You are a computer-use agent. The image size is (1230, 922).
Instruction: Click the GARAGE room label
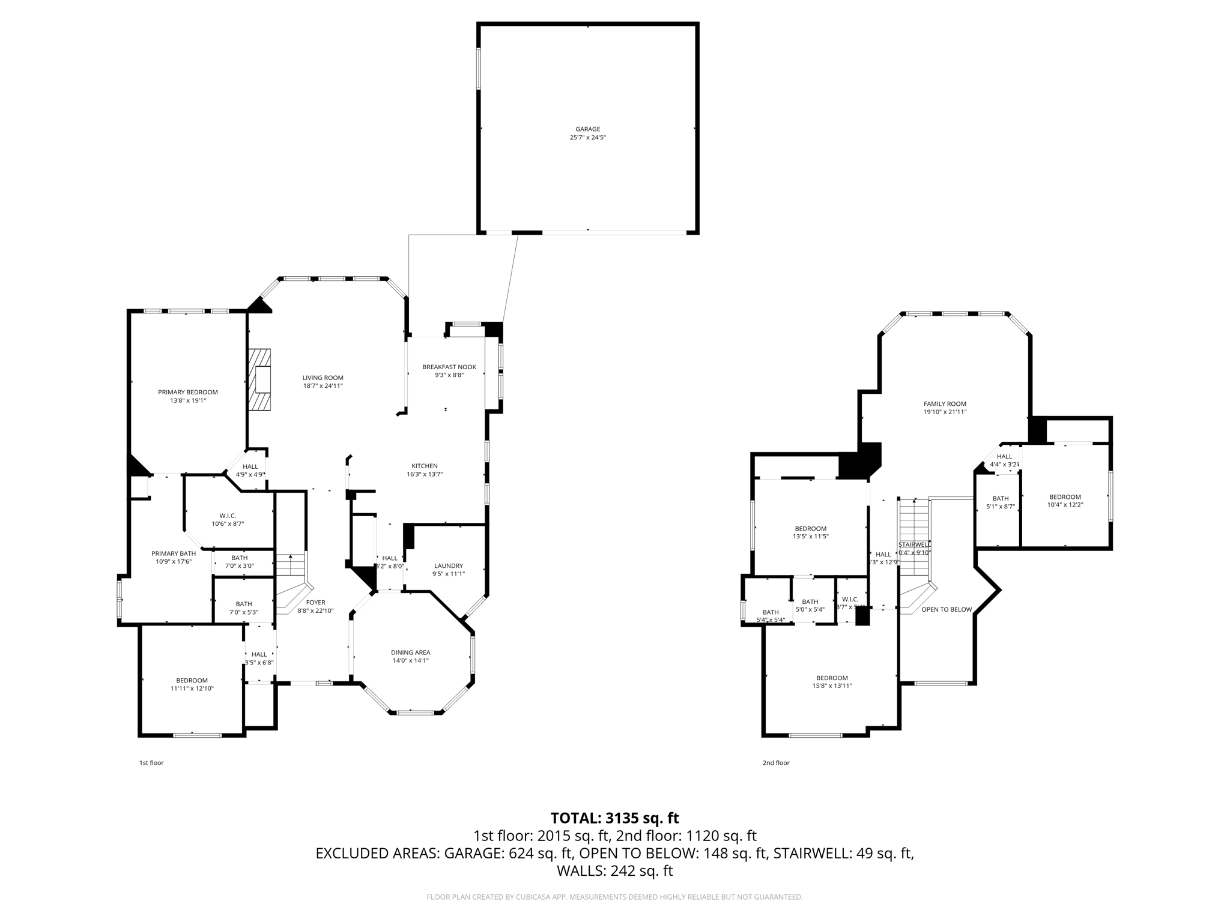pos(587,129)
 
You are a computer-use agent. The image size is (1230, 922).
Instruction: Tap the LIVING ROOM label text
pos(323,378)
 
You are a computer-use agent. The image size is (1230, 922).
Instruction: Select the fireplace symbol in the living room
pos(259,379)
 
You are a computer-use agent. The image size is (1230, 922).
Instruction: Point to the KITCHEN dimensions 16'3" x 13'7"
pos(424,474)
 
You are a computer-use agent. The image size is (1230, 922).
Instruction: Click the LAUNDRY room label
pos(448,565)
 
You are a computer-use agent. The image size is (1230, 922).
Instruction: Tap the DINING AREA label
pos(410,652)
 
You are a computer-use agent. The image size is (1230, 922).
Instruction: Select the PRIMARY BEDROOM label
pos(188,392)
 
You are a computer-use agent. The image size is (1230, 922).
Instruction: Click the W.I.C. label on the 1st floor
pos(228,516)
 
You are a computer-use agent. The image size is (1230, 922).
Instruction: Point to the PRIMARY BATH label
pos(174,553)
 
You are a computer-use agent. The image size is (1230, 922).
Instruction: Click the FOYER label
pos(315,603)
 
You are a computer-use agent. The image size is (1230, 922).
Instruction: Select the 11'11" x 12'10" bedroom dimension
pos(192,688)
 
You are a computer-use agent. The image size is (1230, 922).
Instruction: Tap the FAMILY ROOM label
pos(945,404)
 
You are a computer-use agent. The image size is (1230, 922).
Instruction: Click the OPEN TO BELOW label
pos(947,609)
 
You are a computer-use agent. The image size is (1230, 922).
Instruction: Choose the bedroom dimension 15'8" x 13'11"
pos(832,685)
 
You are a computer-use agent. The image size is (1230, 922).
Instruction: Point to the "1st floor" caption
pos(151,763)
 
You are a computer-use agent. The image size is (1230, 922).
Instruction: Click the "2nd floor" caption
pos(776,763)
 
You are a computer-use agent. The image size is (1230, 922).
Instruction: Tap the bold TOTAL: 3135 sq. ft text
pos(614,818)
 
